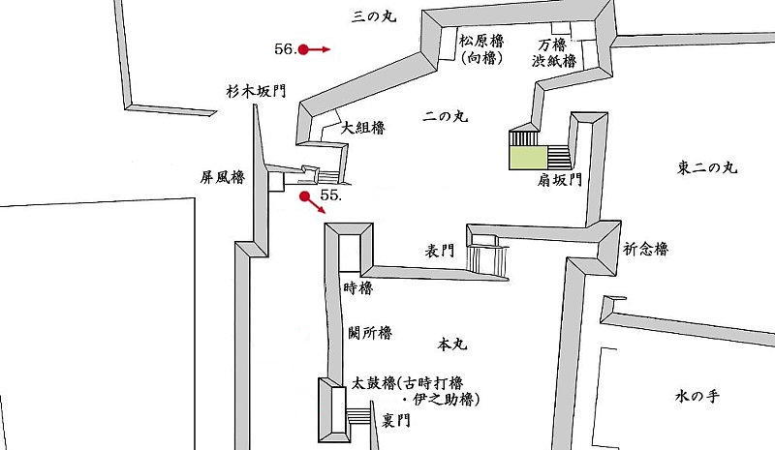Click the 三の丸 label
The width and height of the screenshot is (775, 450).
pos(374,16)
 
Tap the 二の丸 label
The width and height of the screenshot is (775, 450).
pos(446,116)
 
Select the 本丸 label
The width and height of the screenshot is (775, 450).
pos(452,344)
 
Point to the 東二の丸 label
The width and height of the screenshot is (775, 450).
pos(707,168)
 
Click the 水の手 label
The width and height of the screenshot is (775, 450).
pos(697,396)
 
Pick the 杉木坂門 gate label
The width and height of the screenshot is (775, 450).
pos(256,91)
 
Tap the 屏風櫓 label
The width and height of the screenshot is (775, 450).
pos(223,177)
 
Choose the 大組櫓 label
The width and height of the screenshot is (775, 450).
pos(363,128)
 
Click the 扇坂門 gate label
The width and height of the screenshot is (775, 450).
pos(560,180)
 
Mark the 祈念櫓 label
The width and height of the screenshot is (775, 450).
pos(646,249)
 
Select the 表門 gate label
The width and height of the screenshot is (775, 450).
pos(440,251)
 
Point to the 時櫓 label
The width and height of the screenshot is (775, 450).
pos(357,288)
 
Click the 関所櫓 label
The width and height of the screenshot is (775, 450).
pos(370,333)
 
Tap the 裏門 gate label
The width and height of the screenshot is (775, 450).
pos(396,420)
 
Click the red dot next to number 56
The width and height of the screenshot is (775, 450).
pos(303,49)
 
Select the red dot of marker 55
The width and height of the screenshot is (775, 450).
pos(305,196)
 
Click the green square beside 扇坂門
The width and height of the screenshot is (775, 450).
pos(528,158)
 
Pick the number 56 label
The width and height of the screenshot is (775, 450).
pos(285,49)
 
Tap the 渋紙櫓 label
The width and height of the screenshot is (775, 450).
pos(554,61)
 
